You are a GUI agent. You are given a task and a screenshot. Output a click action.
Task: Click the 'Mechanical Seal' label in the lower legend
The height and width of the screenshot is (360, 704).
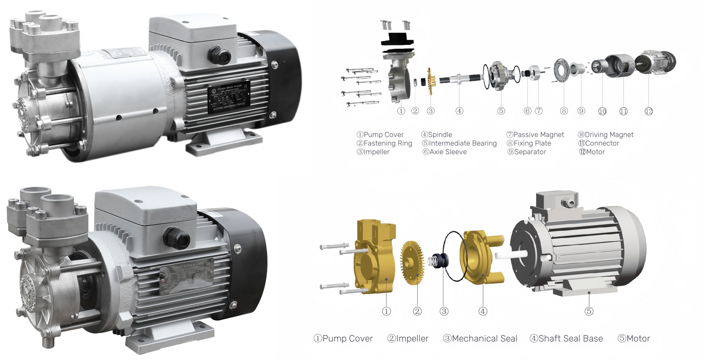click(x=480, y=339)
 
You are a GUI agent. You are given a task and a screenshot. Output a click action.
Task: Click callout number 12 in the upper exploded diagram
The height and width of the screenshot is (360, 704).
click(x=649, y=111)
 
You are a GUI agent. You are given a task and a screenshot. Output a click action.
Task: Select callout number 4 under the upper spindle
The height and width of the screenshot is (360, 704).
click(x=459, y=111)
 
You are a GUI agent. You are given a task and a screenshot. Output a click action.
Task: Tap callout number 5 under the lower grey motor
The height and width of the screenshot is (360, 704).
click(x=589, y=311)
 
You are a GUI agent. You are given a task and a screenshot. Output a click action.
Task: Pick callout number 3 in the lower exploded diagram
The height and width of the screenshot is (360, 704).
click(x=444, y=311)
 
